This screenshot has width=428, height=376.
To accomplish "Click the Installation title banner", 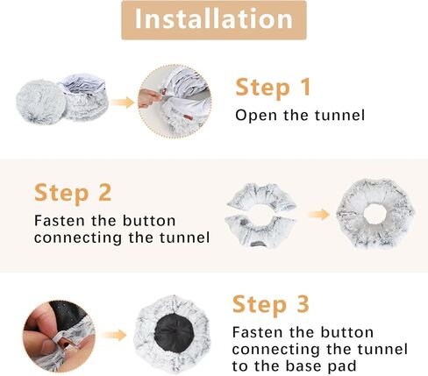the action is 214,20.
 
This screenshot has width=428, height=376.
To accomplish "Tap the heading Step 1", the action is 273,87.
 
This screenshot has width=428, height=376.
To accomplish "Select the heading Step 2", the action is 73,193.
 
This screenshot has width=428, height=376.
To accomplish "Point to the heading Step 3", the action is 271,305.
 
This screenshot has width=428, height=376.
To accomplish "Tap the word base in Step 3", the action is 303,365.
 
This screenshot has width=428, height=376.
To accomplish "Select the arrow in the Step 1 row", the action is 122,103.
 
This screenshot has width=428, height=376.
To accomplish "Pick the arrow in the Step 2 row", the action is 318,215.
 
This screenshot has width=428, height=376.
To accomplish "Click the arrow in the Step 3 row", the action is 114,335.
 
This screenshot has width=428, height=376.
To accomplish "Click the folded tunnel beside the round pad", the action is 85,95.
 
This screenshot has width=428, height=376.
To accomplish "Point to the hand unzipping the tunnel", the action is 150,97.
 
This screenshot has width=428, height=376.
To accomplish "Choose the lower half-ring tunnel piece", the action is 261,232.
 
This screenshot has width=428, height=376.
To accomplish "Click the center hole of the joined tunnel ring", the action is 375,213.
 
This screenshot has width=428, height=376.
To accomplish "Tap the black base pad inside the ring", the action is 173,331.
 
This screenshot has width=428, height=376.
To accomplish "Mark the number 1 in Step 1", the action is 305,87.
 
